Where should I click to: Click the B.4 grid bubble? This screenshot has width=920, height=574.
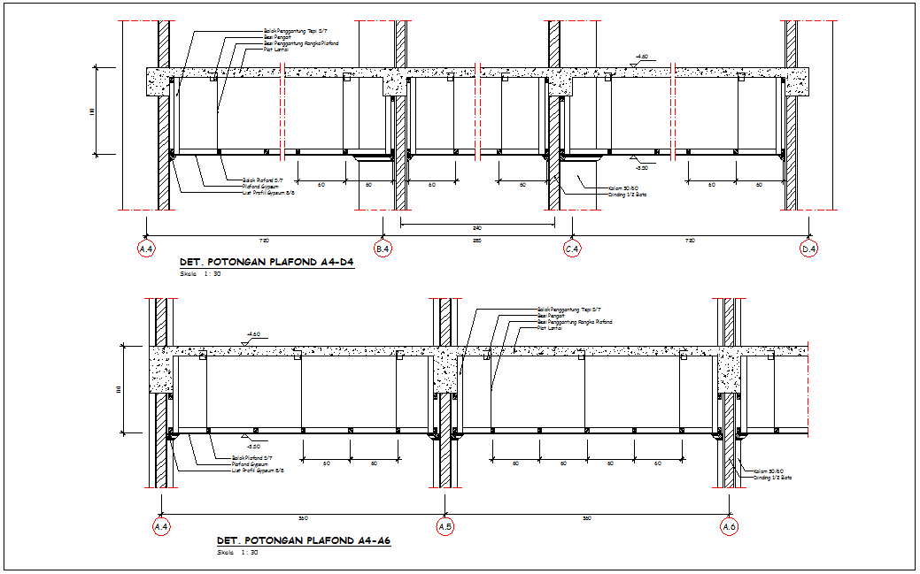pos(383,249)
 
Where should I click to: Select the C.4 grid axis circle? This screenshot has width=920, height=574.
pos(572,249)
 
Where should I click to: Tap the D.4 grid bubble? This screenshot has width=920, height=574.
pos(808,249)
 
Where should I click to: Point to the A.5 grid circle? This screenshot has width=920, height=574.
pos(445,527)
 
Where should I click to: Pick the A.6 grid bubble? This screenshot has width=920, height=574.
pos(730,527)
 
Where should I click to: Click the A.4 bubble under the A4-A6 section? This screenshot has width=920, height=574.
pos(161,527)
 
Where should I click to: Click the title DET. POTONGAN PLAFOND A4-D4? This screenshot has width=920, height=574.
pos(267,263)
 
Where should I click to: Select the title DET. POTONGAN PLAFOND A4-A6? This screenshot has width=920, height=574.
pos(304,540)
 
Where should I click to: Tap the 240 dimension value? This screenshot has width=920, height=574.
pos(477,228)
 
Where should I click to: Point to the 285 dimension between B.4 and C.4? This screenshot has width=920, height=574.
pos(477,241)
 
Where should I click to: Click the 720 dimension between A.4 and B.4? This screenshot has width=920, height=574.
pos(263,241)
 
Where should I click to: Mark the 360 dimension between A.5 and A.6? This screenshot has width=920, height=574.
pos(586,518)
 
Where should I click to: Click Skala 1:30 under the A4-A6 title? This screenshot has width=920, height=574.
pos(237,553)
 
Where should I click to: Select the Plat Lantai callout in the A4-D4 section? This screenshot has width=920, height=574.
pos(274,50)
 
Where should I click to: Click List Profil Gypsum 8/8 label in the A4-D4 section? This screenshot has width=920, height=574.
pos(268,192)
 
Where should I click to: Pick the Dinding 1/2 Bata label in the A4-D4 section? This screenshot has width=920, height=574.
pos(627,194)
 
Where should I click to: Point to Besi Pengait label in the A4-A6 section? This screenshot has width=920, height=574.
pos(551,316)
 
